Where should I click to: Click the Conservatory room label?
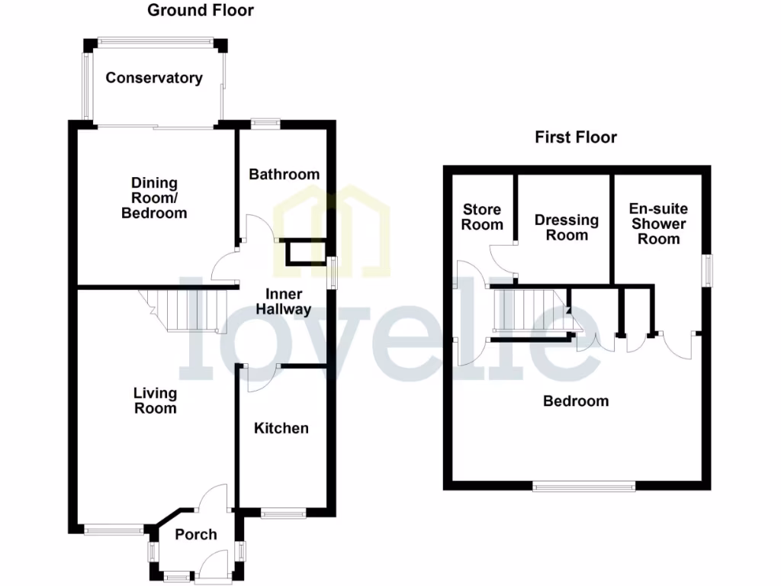click(154, 78)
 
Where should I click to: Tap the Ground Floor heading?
click(200, 11)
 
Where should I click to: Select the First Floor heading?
click(576, 137)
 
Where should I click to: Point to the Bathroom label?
click(284, 175)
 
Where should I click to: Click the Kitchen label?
click(281, 428)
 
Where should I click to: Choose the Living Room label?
click(155, 401)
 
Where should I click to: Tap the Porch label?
click(196, 535)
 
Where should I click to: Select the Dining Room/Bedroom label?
click(154, 198)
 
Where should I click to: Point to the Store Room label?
click(482, 217)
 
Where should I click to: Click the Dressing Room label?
click(567, 227)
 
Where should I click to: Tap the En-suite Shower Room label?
click(658, 224)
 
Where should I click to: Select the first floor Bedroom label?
click(576, 401)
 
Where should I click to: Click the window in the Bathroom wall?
click(265, 122)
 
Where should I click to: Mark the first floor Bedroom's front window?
click(583, 485)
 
